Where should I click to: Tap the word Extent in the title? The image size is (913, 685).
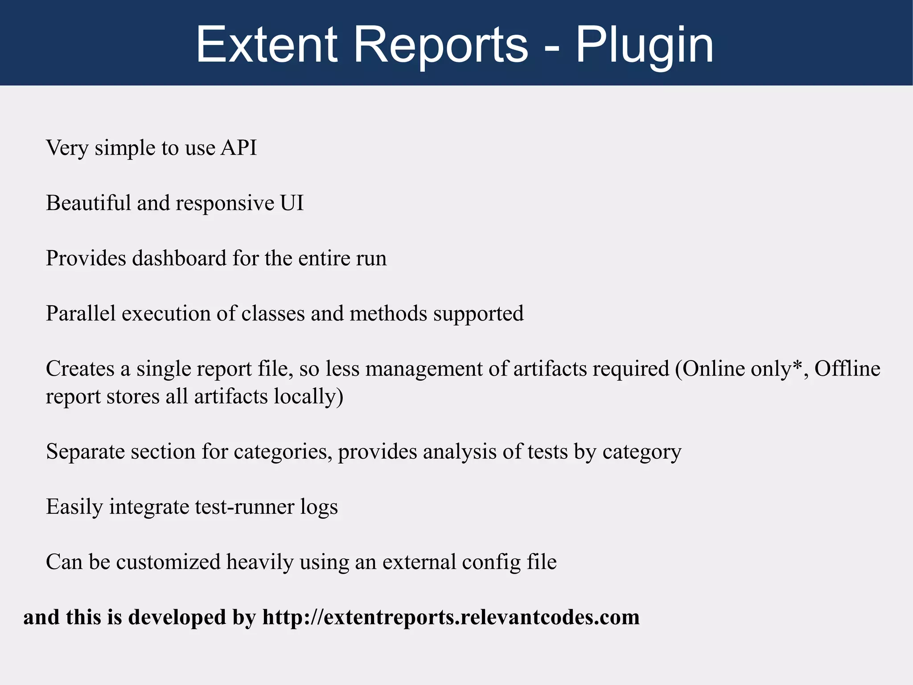pos(266,45)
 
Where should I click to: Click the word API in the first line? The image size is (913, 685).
pos(239,148)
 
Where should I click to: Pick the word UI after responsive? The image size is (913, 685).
pos(292,203)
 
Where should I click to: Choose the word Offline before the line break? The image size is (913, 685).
pos(847,369)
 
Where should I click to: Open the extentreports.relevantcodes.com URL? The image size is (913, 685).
pos(451,618)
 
